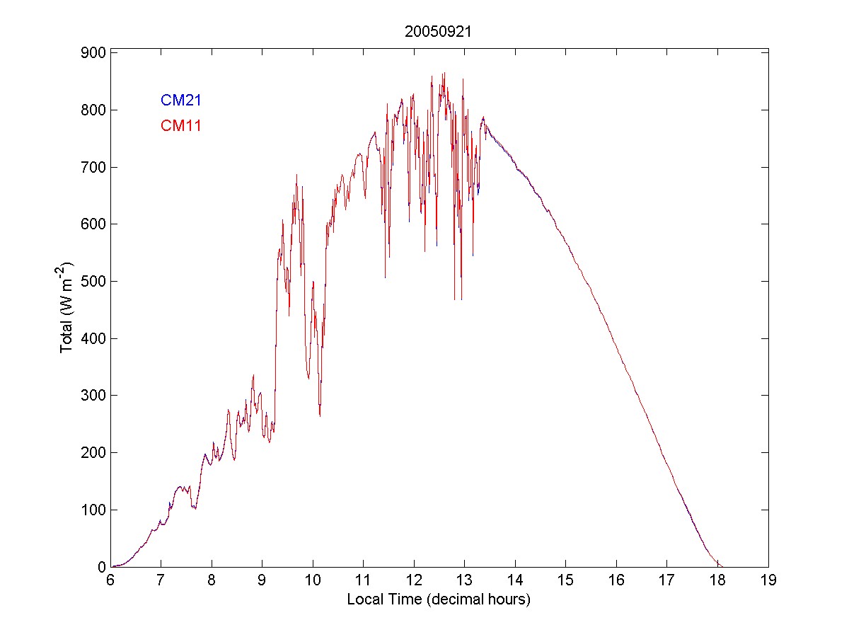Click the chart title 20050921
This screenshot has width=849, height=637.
pyautogui.click(x=439, y=32)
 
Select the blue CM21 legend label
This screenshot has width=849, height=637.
pyautogui.click(x=181, y=101)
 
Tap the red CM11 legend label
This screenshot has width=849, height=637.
pyautogui.click(x=181, y=127)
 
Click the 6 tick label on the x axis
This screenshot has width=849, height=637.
pyautogui.click(x=110, y=580)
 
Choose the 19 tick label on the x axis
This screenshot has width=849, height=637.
pyautogui.click(x=768, y=580)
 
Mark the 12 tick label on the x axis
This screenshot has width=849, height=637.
pyautogui.click(x=414, y=580)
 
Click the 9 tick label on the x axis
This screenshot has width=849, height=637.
pyautogui.click(x=262, y=580)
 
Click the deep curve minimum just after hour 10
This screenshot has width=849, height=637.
pyautogui.click(x=320, y=415)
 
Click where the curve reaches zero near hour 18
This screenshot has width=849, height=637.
pyautogui.click(x=720, y=566)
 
